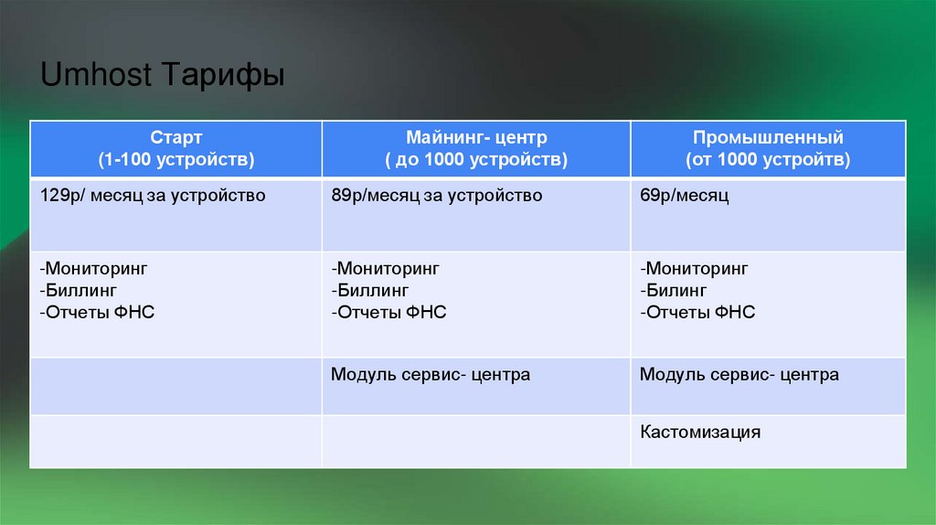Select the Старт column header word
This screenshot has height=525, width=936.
pos(175,138)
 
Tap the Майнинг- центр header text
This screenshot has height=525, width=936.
pos(476,138)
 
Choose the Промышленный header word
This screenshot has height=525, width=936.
pos(768,138)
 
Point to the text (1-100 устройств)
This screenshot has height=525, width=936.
pos(175,160)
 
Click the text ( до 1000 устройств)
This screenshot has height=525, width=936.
pos(476,160)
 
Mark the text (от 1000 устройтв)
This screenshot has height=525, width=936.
pos(768,160)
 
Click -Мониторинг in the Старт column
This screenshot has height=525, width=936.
pos(93,269)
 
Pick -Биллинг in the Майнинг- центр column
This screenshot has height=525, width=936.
pos(370,291)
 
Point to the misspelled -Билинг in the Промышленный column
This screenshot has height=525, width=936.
pos(675,291)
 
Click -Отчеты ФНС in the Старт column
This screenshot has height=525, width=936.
pos(97,313)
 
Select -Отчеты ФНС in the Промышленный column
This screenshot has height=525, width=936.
pos(697,313)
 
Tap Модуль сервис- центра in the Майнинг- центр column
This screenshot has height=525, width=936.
pos(430,375)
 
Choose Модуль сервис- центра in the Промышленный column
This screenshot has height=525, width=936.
pos(739,375)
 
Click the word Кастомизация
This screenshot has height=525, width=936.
pos(699,432)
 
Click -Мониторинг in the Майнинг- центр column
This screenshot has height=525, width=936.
pos(385,269)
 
